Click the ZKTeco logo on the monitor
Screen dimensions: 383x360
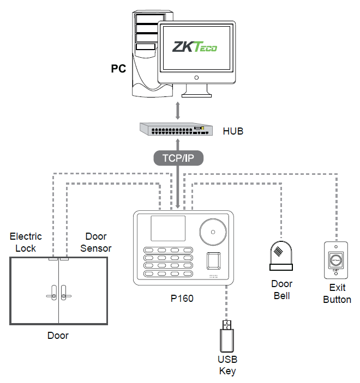point(195,48)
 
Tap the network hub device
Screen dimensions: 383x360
point(175,129)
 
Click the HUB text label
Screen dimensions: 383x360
point(233,131)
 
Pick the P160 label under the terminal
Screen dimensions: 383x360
point(182,299)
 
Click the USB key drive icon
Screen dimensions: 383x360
point(226,335)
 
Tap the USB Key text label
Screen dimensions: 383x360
point(227,365)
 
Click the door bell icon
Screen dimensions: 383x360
point(281,256)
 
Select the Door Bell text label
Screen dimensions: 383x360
point(281,290)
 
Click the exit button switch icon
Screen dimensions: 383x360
point(335,259)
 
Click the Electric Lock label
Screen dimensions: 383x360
point(26,242)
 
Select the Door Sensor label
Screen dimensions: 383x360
point(96,242)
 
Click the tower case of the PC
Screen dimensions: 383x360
point(145,54)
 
